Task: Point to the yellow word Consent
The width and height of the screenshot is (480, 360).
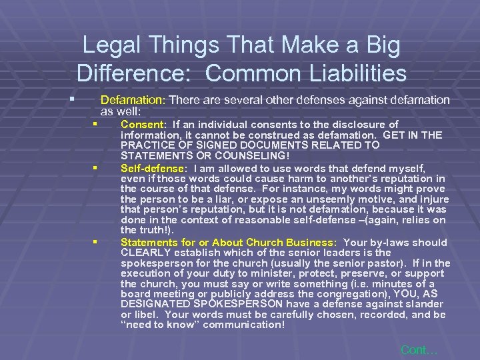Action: [x=142, y=125]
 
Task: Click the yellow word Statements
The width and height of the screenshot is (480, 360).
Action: [x=148, y=242]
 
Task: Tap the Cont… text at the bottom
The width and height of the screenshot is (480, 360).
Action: [x=419, y=349]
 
